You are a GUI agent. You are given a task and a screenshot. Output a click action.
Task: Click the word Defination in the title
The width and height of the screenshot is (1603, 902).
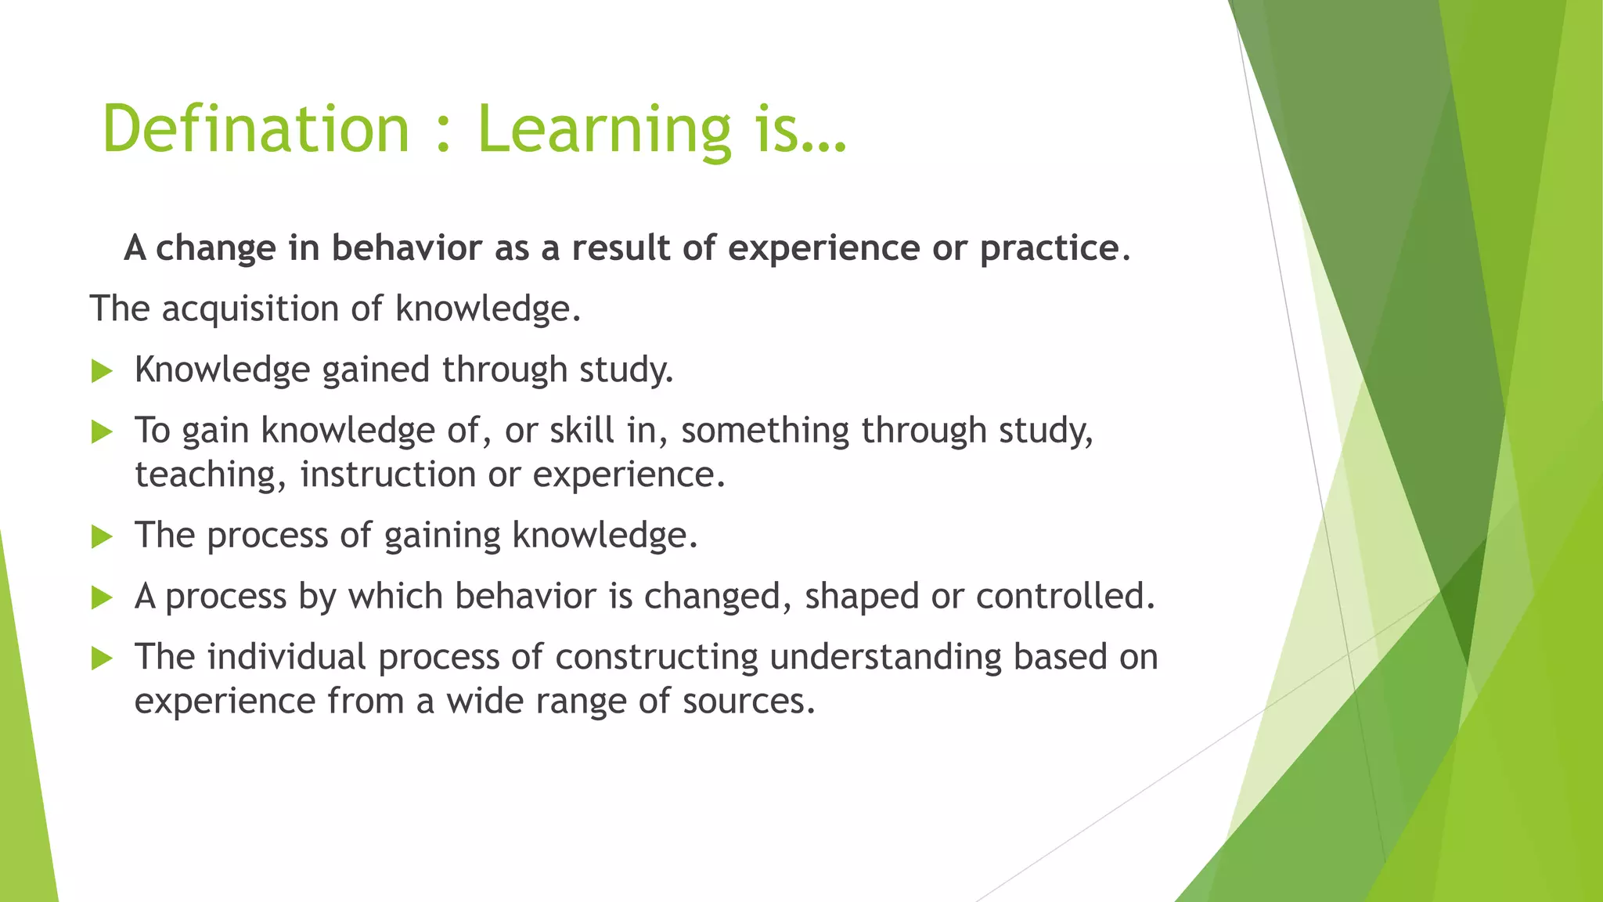(256, 129)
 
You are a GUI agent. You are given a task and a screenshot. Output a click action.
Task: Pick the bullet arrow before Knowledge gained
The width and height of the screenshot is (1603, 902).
(102, 370)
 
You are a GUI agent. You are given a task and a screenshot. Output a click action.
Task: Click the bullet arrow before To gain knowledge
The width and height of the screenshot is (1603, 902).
(102, 431)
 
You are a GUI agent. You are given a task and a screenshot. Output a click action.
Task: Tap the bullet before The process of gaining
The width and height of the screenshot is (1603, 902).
(102, 536)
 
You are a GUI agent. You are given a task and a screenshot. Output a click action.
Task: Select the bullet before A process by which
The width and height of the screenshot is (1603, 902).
(102, 597)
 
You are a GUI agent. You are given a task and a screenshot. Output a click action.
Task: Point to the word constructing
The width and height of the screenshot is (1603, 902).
(656, 658)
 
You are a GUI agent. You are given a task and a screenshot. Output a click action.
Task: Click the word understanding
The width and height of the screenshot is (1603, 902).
(885, 658)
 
